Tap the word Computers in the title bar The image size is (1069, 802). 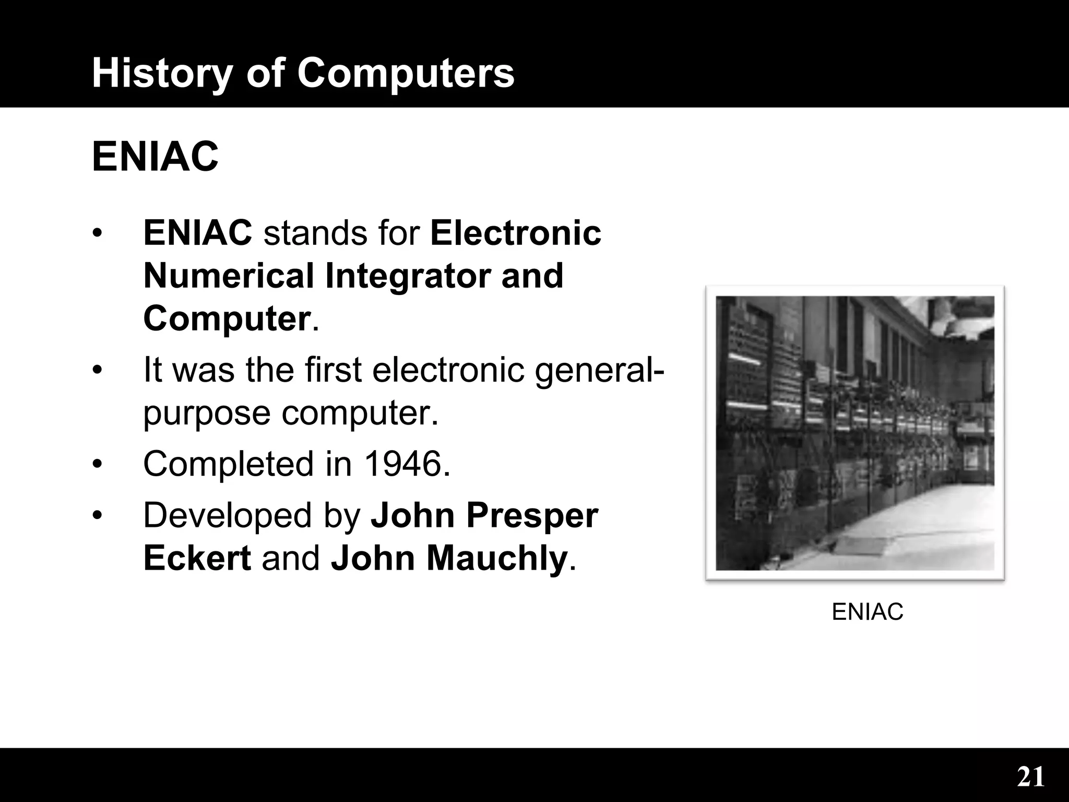pyautogui.click(x=406, y=73)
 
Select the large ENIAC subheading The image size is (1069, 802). pyautogui.click(x=155, y=157)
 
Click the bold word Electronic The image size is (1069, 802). pyautogui.click(x=515, y=233)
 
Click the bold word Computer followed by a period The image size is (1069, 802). pyautogui.click(x=227, y=319)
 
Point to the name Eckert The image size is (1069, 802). pyautogui.click(x=197, y=558)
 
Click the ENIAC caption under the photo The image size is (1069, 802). pyautogui.click(x=867, y=611)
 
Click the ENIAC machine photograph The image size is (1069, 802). pyautogui.click(x=854, y=432)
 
